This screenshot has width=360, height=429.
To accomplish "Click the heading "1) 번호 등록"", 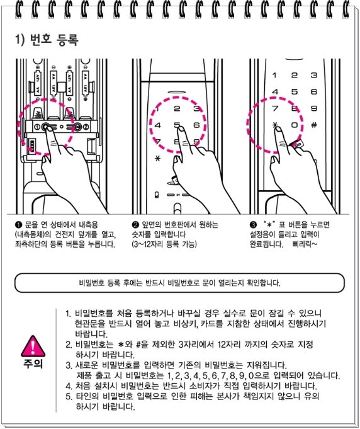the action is click(47, 39).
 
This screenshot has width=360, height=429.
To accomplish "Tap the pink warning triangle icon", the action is click(33, 346).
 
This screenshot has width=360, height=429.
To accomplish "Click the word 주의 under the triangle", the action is click(33, 363).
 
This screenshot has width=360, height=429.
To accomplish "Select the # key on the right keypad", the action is click(314, 125).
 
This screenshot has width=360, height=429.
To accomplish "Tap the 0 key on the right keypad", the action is click(295, 125).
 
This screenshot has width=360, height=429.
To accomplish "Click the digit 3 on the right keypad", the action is click(314, 75).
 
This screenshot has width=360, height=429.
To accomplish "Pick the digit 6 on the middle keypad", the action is click(196, 125).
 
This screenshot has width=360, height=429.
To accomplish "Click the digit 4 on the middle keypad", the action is click(157, 125).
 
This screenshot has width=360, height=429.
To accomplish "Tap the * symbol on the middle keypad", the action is click(157, 158).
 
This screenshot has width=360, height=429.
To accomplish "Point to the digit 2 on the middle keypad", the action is click(177, 108).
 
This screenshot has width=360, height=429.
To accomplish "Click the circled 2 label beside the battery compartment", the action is click(86, 127).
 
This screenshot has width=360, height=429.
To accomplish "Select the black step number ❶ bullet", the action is click(18, 225).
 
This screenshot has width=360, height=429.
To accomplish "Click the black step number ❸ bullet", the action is click(253, 225).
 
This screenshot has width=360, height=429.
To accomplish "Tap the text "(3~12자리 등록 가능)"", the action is click(164, 244).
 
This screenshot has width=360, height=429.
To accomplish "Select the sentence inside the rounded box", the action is click(179, 283).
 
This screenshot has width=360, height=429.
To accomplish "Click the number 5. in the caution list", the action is click(69, 396).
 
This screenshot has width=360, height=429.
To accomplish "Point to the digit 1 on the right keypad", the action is click(274, 75).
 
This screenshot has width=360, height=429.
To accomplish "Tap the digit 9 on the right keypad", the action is click(314, 108).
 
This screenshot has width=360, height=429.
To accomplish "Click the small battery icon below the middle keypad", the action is click(157, 195).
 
